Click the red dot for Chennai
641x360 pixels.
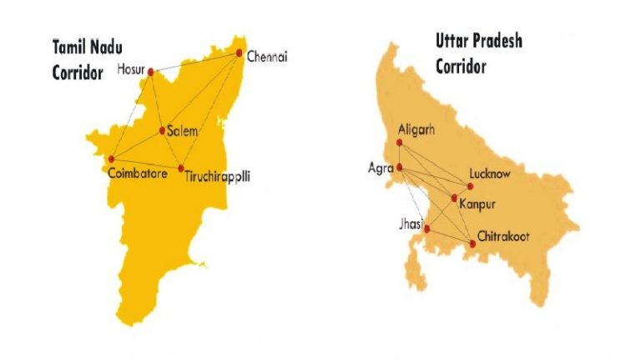point(240,53)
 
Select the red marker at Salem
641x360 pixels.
point(163,130)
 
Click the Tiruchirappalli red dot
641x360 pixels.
point(181,169)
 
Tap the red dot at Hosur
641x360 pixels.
point(151,72)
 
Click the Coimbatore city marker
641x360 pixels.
point(111,159)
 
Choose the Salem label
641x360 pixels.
point(182,132)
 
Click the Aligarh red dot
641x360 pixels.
point(400,142)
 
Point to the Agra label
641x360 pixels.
point(381,168)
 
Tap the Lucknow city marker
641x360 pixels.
point(470,185)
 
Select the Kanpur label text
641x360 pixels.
point(478,203)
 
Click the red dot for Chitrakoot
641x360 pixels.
point(473,243)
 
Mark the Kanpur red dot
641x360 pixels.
point(454,198)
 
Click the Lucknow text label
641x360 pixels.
point(490,174)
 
